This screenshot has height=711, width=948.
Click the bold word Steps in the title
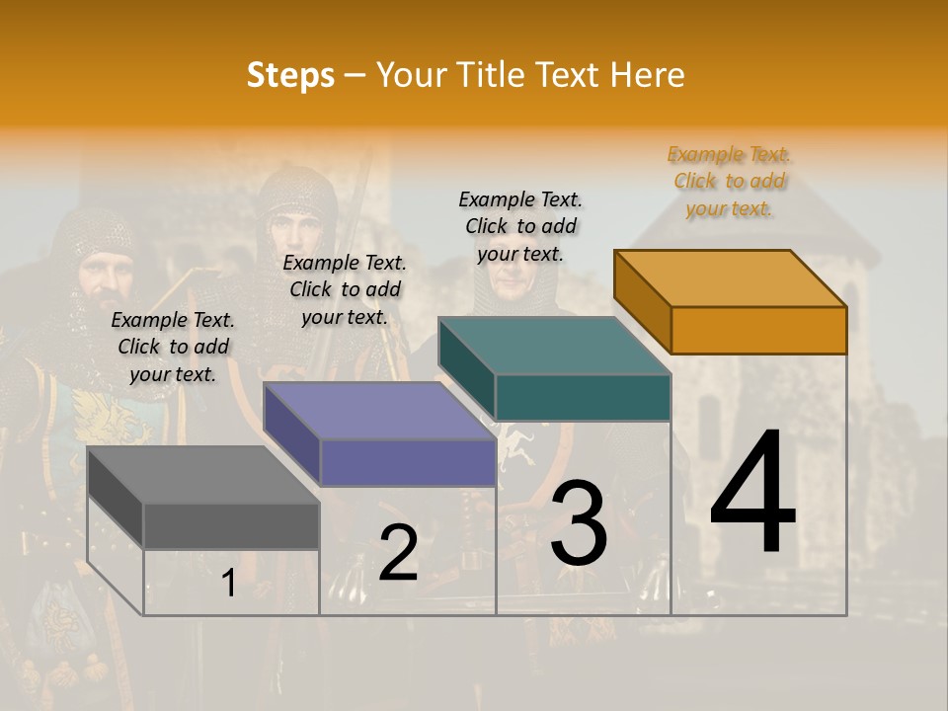coord(290,75)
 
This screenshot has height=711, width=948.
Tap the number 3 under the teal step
coord(579,524)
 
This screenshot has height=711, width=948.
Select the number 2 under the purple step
coord(398,553)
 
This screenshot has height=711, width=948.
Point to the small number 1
coord(228,584)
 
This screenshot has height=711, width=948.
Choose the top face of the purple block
coord(379,411)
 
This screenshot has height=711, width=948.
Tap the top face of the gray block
coord(203,475)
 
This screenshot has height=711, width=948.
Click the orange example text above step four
coord(729,181)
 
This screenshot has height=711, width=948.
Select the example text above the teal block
coord(520,226)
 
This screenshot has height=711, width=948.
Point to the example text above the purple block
coord(345,289)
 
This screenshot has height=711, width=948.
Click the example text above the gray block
coord(173,347)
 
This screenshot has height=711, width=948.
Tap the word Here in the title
coord(647,75)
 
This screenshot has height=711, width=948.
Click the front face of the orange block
coord(758,330)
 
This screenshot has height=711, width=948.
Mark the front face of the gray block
coord(231,525)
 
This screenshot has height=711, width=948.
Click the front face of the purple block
coord(407,462)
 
